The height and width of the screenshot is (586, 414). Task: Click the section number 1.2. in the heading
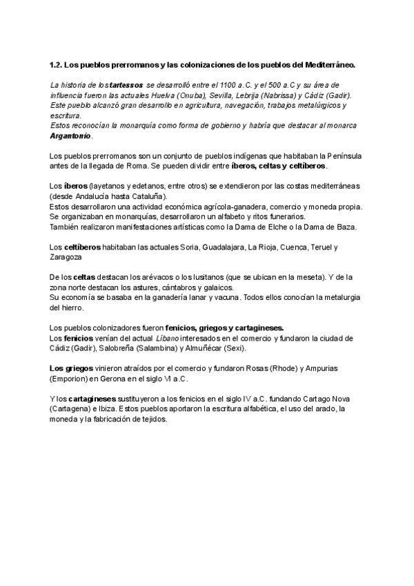(56, 66)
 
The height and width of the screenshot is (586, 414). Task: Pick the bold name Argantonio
(70, 136)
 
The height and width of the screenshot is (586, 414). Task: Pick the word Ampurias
(339, 368)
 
